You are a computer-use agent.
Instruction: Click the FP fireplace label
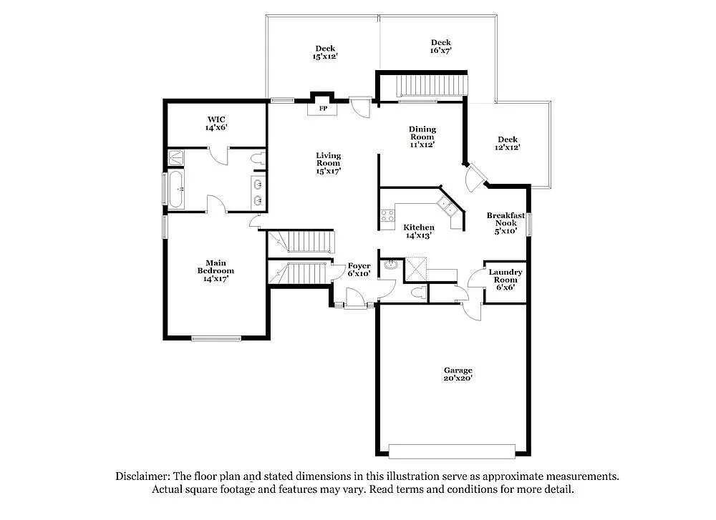click(x=323, y=109)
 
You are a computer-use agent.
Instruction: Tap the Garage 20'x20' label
click(x=458, y=374)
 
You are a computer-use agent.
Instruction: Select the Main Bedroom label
click(x=216, y=271)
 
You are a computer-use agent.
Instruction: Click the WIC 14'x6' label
click(x=217, y=122)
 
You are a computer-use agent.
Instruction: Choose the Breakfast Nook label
click(x=505, y=223)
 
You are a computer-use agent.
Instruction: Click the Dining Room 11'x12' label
click(x=422, y=137)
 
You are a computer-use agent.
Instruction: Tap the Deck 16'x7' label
click(x=440, y=46)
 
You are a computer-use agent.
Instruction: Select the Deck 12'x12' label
click(x=508, y=143)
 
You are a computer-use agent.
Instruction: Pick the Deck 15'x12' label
click(x=325, y=52)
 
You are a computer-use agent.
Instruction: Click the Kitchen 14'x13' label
click(x=420, y=231)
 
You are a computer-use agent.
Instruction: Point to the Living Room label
click(x=329, y=163)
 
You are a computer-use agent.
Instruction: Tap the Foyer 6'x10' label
click(x=359, y=270)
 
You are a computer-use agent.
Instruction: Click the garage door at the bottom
click(x=453, y=451)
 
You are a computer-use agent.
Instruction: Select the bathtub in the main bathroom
click(x=176, y=190)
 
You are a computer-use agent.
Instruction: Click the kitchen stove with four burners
click(x=387, y=215)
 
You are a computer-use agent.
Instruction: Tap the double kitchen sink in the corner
click(x=449, y=207)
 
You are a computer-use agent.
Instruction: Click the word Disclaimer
click(x=142, y=476)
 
